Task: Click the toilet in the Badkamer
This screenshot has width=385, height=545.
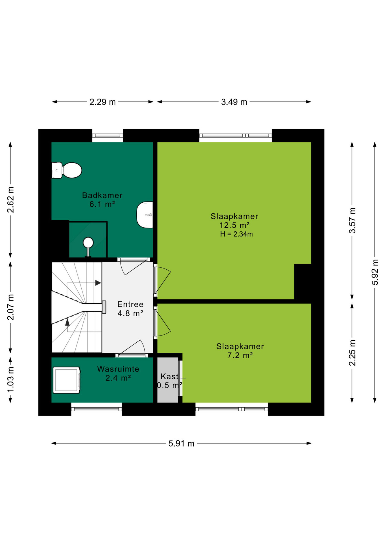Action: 67,170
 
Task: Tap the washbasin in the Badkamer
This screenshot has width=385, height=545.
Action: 145,215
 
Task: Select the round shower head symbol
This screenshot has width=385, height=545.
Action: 88,243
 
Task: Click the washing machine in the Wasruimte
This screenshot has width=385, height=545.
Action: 67,380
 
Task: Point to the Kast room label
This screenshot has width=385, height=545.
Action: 170,376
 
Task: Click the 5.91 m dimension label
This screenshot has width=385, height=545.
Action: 181,443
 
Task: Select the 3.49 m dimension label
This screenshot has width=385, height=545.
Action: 234,102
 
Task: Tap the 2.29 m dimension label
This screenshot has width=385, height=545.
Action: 103,102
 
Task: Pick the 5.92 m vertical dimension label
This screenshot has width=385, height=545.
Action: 375,272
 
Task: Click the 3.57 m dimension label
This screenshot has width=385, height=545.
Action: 352,221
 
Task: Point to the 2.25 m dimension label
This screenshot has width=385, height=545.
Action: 352,353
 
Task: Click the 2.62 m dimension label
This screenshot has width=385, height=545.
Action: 10,200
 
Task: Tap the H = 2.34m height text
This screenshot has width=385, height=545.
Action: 236,234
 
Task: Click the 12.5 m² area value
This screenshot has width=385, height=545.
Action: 234,225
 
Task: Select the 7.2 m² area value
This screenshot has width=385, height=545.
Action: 240,355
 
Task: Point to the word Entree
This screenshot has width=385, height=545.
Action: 130,304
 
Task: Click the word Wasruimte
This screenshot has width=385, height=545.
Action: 118,369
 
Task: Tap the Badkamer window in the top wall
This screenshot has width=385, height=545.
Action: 107,136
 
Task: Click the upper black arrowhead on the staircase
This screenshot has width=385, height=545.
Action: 98,283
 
